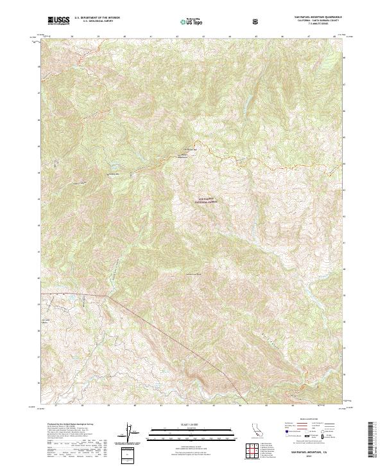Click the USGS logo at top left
58,21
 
